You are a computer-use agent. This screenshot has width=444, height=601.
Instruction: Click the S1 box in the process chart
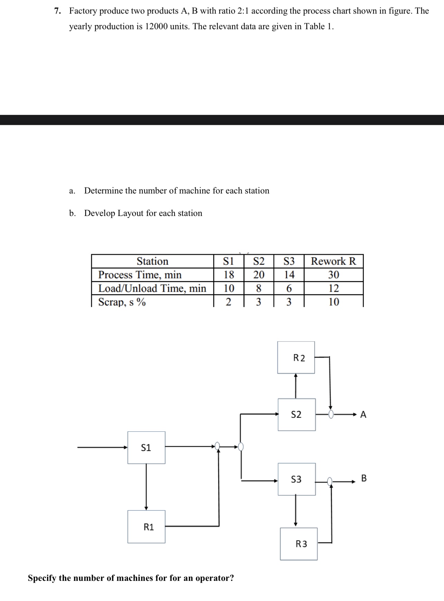pyautogui.click(x=146, y=447)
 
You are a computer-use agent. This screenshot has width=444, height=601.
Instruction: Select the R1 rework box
pyautogui.click(x=146, y=527)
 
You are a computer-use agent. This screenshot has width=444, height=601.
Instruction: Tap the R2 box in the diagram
pyautogui.click(x=296, y=358)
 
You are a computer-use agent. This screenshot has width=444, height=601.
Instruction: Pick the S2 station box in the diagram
pyautogui.click(x=296, y=414)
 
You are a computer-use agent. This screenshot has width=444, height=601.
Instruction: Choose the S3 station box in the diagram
pyautogui.click(x=296, y=479)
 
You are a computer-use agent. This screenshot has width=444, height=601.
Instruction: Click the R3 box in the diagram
pyautogui.click(x=299, y=544)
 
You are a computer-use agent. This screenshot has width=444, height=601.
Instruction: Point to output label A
pyautogui.click(x=363, y=414)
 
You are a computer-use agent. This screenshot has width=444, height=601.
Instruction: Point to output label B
pyautogui.click(x=363, y=478)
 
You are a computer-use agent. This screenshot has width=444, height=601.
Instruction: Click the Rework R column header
pyautogui.click(x=333, y=261)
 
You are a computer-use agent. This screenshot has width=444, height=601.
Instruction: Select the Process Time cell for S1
pyautogui.click(x=229, y=275)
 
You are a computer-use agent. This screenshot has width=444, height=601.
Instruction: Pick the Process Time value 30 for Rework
pyautogui.click(x=333, y=275)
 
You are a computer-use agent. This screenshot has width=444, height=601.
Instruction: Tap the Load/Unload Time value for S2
pyautogui.click(x=258, y=288)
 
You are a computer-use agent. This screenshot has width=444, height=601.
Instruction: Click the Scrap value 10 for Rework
pyautogui.click(x=333, y=302)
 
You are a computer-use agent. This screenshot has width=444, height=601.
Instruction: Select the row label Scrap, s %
pyautogui.click(x=122, y=302)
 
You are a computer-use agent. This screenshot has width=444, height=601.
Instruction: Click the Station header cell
pyautogui.click(x=152, y=261)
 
